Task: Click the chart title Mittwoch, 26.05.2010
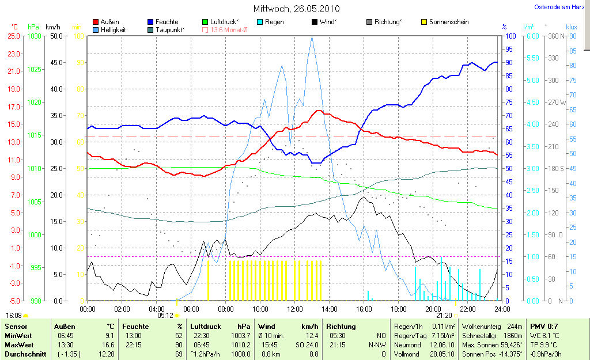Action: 296,9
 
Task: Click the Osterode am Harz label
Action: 558,7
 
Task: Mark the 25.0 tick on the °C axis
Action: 14,36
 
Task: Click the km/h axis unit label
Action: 53,27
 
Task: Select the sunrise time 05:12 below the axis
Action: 165,315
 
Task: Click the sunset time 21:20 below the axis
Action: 444,315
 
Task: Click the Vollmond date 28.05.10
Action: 442,353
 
